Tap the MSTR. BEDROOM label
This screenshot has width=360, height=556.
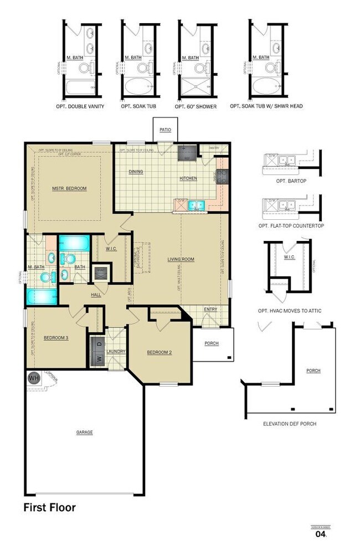click(x=69, y=188)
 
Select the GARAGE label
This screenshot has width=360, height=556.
click(x=85, y=432)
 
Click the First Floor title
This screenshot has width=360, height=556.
click(x=49, y=507)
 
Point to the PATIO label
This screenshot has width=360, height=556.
click(x=165, y=130)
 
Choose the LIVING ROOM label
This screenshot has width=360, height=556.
click(x=181, y=259)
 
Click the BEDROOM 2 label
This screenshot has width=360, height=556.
click(x=160, y=352)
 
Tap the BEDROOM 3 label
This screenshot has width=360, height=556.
click(x=56, y=337)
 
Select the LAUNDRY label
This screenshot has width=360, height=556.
click(x=116, y=351)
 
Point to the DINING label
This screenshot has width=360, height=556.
click(x=136, y=172)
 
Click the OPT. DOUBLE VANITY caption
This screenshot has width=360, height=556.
click(x=80, y=106)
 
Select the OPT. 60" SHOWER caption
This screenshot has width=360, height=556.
click(x=196, y=106)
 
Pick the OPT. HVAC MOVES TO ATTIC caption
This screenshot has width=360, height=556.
click(x=290, y=311)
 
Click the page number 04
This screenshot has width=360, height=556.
click(x=320, y=534)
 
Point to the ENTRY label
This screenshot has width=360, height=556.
click(x=210, y=310)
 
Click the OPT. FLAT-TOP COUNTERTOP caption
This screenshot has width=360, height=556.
click(x=291, y=226)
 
